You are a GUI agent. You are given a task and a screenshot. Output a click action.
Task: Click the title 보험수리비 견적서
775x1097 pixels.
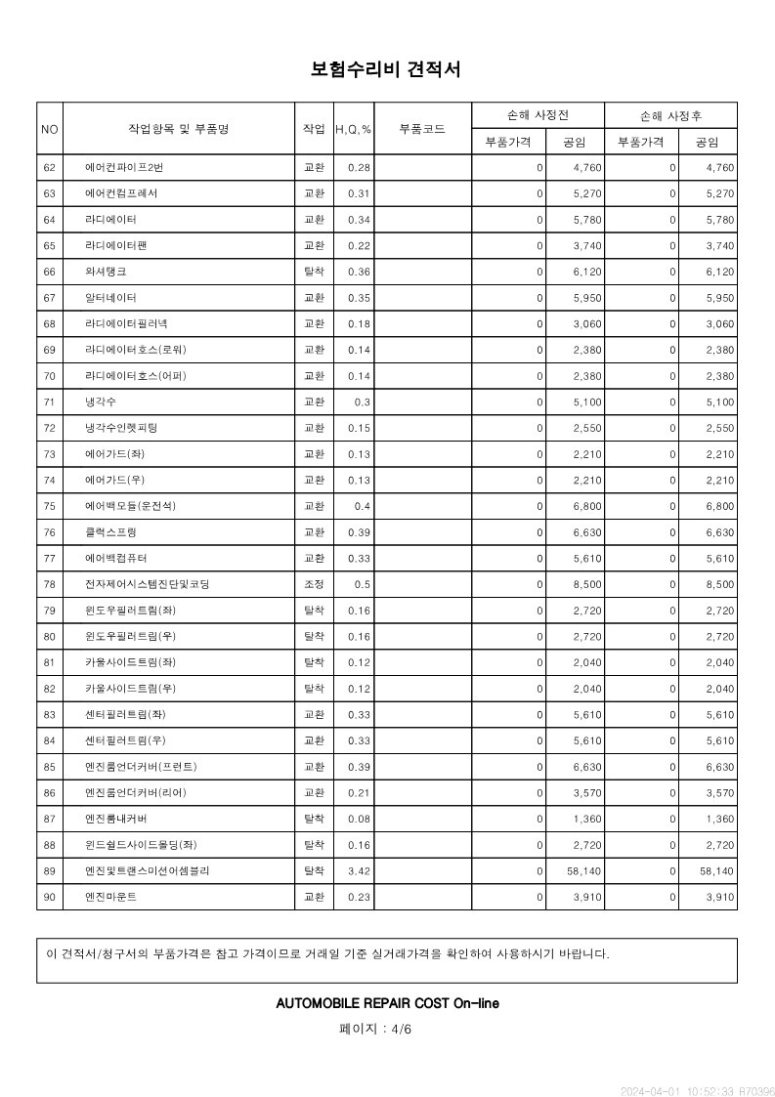click(x=386, y=69)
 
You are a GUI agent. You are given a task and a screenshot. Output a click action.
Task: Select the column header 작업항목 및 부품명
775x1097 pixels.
click(x=178, y=129)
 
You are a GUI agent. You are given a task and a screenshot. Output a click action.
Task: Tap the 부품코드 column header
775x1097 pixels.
click(x=423, y=129)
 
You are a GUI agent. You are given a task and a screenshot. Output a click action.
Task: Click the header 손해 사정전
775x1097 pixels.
click(x=538, y=115)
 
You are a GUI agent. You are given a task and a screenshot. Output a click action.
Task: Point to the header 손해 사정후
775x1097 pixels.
click(x=670, y=115)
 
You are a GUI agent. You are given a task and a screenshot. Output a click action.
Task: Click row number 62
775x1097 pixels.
click(x=50, y=168)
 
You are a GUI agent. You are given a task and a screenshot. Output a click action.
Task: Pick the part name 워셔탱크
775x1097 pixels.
click(x=106, y=272)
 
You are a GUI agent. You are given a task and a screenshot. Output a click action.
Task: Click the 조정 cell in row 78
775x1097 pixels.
click(x=314, y=584)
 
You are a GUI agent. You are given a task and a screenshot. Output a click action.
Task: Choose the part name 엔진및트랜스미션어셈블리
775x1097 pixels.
click(x=147, y=870)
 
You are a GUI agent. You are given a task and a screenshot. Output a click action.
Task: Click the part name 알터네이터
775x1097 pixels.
click(x=110, y=298)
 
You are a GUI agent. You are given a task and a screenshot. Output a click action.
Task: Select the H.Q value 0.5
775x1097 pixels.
click(x=363, y=584)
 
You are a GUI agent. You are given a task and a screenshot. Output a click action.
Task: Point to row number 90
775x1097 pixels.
click(x=50, y=897)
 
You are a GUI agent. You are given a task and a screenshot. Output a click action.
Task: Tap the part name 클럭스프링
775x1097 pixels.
click(x=110, y=532)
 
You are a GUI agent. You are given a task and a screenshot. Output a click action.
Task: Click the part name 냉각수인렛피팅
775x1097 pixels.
click(x=121, y=428)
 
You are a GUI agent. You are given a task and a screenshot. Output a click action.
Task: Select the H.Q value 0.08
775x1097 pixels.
click(x=359, y=819)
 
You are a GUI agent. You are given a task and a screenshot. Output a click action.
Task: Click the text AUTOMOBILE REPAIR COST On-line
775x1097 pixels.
click(x=387, y=1003)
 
